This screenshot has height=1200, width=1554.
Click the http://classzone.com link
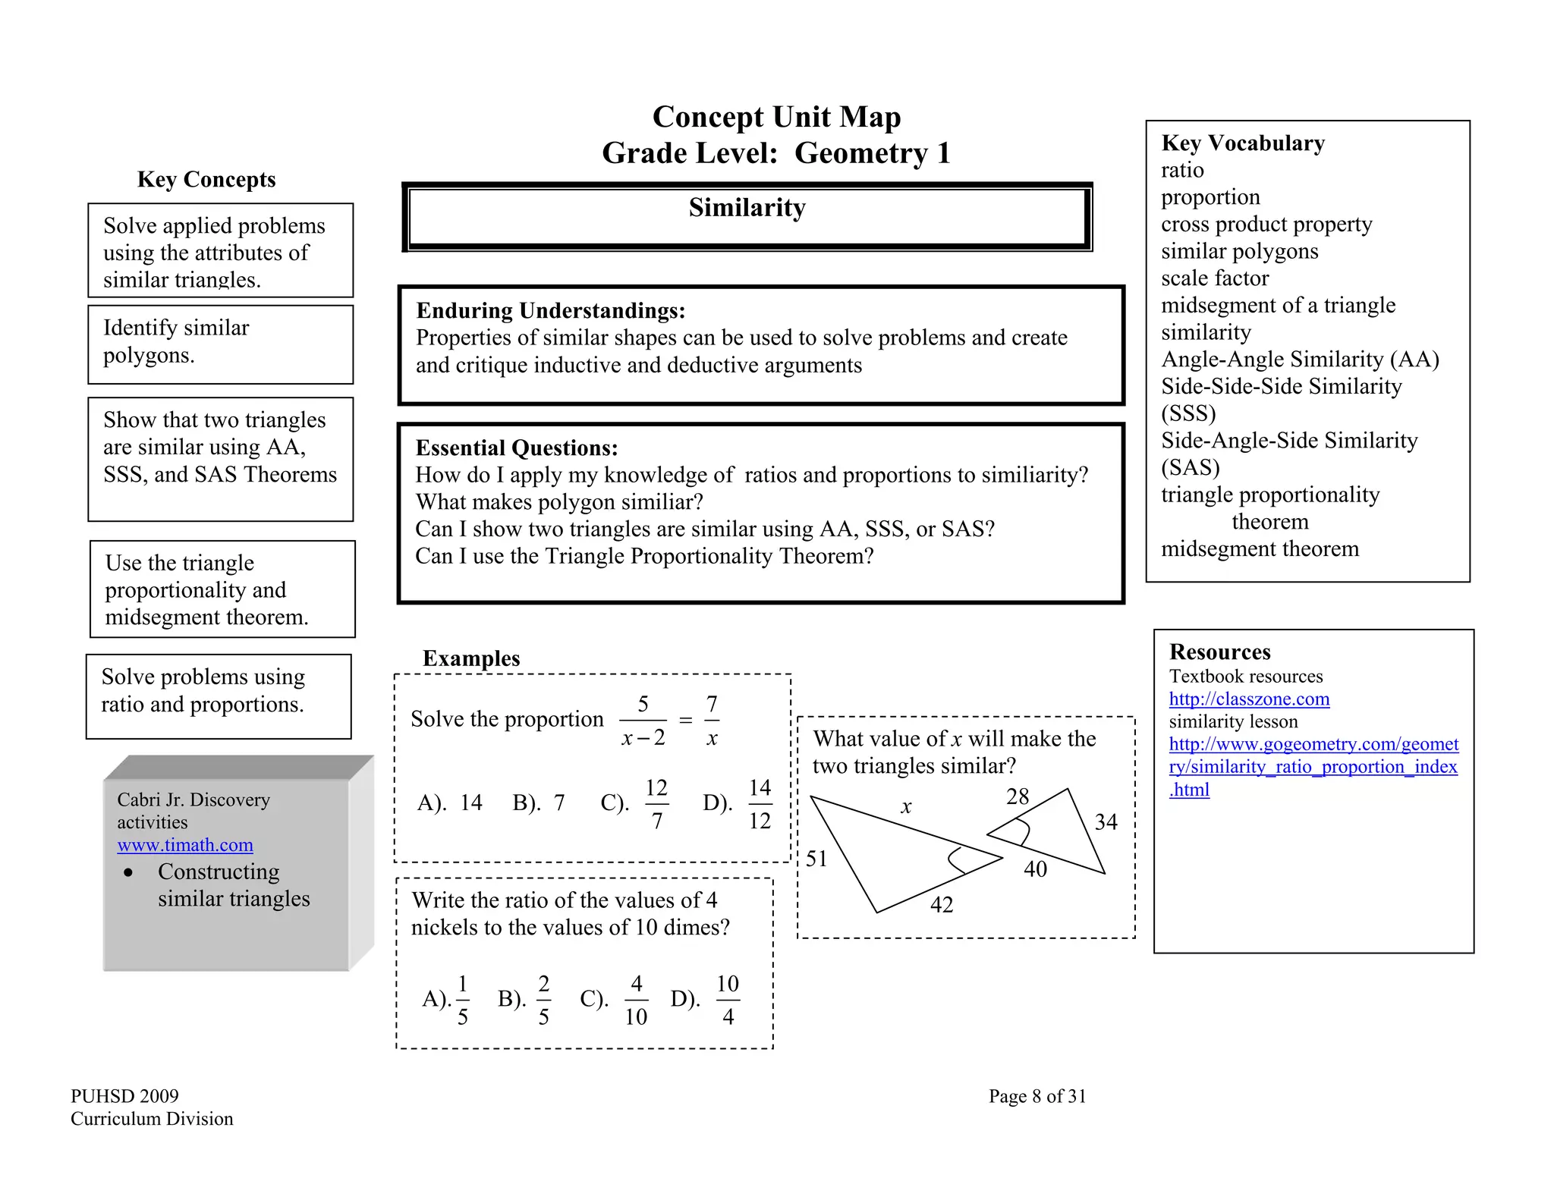tap(1249, 699)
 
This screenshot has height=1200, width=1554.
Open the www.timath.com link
tap(185, 844)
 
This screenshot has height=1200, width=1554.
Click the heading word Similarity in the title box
tap(747, 208)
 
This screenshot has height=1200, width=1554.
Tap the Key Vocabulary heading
tap(1242, 143)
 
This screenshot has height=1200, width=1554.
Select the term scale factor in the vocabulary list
tap(1214, 278)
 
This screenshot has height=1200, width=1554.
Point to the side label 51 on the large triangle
tap(816, 859)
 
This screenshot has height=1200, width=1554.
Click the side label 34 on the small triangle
tap(1106, 821)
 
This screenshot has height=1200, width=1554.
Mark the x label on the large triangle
tap(906, 807)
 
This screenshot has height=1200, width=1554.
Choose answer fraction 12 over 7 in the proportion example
tap(656, 803)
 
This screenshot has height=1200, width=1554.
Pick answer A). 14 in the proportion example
tap(450, 803)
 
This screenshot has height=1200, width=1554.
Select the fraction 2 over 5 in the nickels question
tap(543, 1000)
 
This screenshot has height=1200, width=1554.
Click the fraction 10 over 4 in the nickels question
tap(727, 1000)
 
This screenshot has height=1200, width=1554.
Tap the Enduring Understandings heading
tap(551, 310)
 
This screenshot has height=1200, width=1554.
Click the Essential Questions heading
tap(517, 448)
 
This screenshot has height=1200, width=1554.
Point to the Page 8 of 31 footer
tap(1037, 1096)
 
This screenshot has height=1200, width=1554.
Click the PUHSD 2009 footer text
tap(124, 1096)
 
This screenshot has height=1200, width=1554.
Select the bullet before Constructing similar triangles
tap(128, 872)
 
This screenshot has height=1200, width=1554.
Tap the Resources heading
tap(1219, 652)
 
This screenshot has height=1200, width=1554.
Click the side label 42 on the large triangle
tap(942, 904)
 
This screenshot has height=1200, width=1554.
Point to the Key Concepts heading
tap(206, 179)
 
